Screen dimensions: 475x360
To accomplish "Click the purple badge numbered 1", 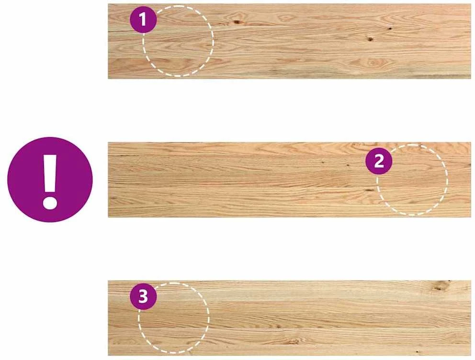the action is click(x=143, y=20).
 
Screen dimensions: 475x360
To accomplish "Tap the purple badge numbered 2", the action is click(x=379, y=161).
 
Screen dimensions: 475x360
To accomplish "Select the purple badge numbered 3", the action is click(x=143, y=296).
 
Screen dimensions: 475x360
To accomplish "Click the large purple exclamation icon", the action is click(x=50, y=180).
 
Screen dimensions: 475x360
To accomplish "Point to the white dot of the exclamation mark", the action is click(x=50, y=202).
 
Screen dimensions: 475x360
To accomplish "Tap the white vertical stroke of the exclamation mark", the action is click(x=50, y=173).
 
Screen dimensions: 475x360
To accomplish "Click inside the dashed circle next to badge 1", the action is click(x=178, y=41).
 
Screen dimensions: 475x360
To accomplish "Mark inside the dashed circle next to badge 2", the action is click(x=412, y=180).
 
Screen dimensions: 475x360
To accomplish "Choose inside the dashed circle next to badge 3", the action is click(x=174, y=318).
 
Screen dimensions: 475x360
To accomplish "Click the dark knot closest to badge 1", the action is click(x=236, y=22).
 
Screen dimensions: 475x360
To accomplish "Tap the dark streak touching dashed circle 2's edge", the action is click(x=370, y=190).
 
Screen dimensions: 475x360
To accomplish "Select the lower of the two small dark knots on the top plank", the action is click(x=370, y=39).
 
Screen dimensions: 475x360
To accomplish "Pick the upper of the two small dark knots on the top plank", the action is click(x=390, y=29).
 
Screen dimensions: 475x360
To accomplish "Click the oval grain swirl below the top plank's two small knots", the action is click(x=372, y=63).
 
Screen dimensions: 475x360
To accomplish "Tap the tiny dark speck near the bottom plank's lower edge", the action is click(x=418, y=352).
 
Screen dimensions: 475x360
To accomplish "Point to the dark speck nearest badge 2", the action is click(x=348, y=166).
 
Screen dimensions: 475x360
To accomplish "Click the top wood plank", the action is click(x=290, y=41).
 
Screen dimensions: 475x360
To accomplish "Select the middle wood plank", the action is click(x=290, y=180).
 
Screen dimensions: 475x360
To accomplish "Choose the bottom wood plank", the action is click(x=290, y=318).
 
